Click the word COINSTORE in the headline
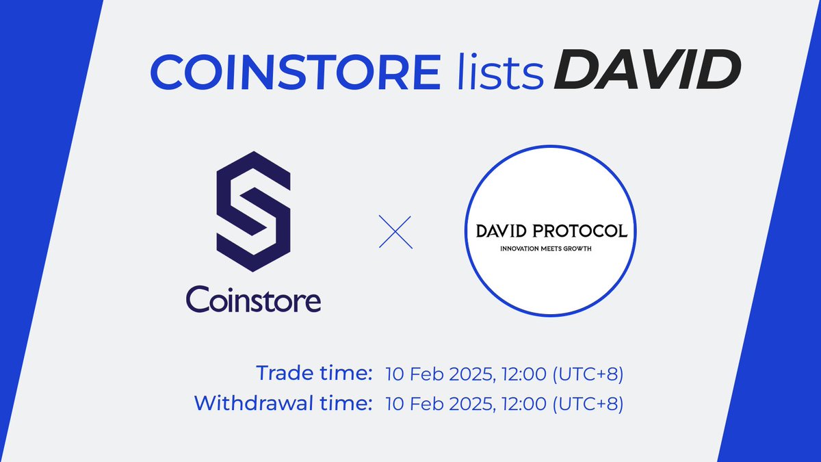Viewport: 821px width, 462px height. (296, 72)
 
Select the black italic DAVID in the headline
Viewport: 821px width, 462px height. (647, 72)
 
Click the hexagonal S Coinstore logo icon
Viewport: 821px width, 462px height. (253, 212)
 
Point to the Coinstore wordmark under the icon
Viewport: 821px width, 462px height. (253, 299)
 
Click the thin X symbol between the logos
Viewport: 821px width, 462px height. (396, 232)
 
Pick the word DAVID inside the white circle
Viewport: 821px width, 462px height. (508, 231)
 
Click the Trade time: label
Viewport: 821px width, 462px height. (314, 374)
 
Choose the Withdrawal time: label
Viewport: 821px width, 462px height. (283, 403)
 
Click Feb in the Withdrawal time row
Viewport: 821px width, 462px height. (423, 404)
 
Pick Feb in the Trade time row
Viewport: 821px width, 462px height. (423, 374)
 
